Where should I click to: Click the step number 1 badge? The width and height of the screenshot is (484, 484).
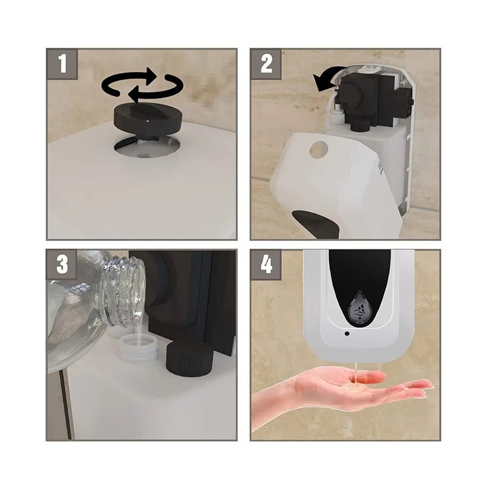[62, 64]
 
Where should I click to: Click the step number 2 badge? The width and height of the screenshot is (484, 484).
[266, 64]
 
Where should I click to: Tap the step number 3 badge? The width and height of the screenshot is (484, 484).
[62, 265]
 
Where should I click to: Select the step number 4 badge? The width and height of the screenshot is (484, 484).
[266, 265]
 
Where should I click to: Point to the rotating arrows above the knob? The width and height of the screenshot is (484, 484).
[142, 85]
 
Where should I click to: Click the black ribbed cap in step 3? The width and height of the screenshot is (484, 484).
[189, 358]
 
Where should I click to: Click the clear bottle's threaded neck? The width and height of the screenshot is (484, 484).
[123, 290]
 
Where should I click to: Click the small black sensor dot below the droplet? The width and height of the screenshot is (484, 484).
[347, 334]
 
